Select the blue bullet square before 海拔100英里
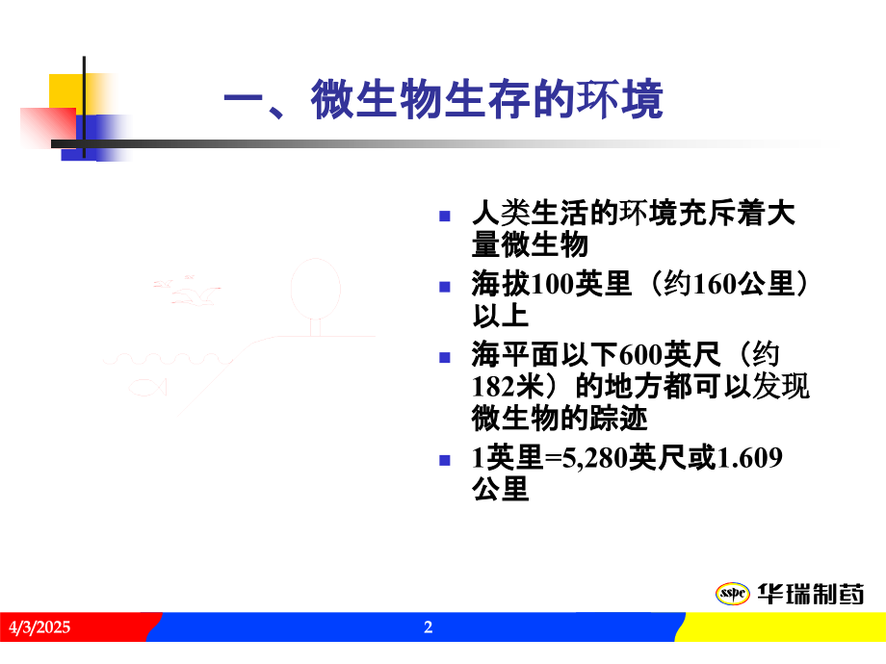(444, 287)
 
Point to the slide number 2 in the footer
(429, 628)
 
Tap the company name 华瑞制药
(809, 593)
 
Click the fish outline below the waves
(146, 386)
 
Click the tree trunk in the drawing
(315, 325)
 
